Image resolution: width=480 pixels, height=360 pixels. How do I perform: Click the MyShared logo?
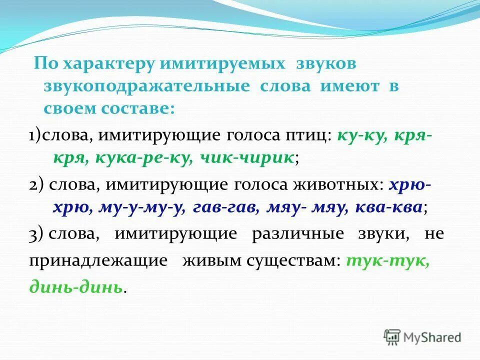pos(422,337)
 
